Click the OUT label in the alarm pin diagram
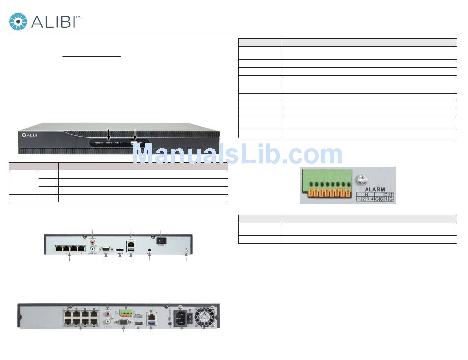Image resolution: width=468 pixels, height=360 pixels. pyautogui.click(x=388, y=195)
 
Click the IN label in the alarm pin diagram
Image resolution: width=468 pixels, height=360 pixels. pyautogui.click(x=365, y=195)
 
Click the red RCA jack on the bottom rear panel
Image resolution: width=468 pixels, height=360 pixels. pyautogui.click(x=108, y=312)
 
